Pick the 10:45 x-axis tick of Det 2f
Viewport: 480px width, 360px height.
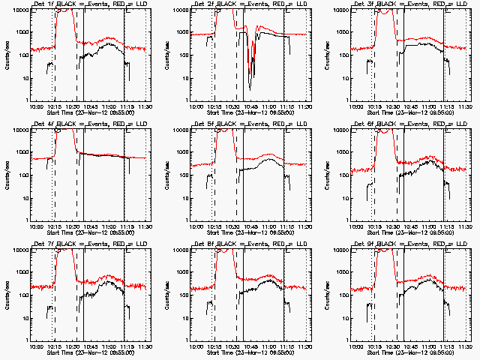(252, 106)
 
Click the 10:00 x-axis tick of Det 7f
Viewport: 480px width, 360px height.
(35, 346)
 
